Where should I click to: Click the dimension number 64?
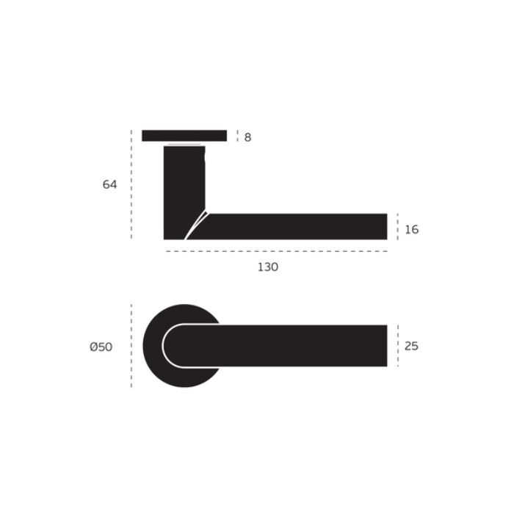109,185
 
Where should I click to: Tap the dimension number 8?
247,137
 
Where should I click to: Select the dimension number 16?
411,230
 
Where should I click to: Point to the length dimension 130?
268,267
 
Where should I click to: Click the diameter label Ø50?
101,347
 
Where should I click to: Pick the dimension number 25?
411,346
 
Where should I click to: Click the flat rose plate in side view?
184,136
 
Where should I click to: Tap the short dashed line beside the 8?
237,136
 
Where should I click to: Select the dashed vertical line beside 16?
397,227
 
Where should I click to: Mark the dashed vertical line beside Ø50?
131,346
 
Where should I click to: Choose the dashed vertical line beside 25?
397,346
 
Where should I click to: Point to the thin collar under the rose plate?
184,144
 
